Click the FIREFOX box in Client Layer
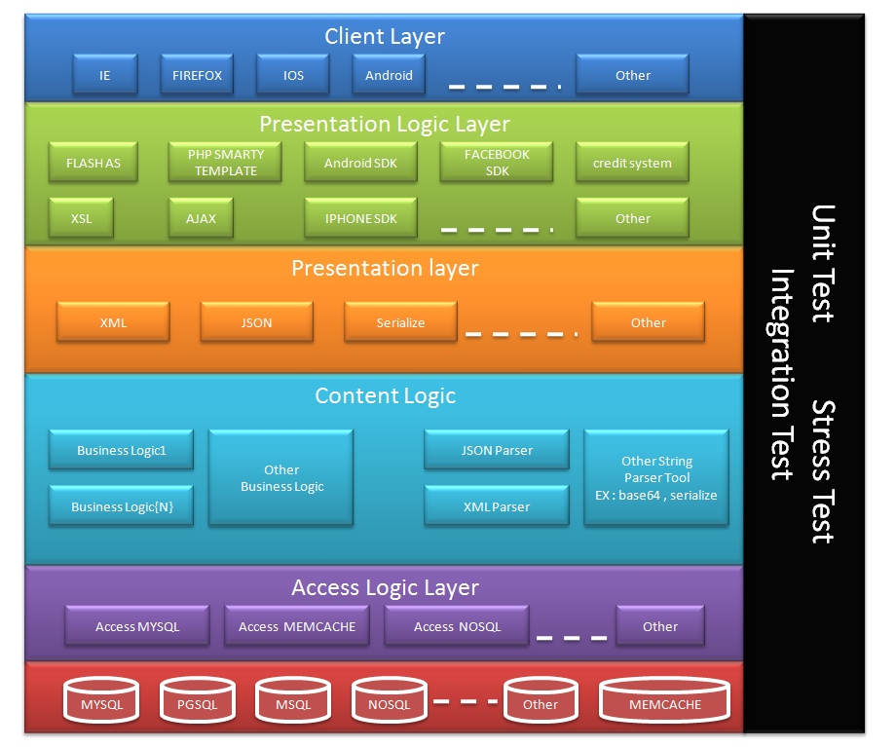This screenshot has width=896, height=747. click(x=198, y=75)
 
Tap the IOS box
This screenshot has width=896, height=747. click(x=293, y=75)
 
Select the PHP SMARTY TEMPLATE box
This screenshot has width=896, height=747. click(x=225, y=163)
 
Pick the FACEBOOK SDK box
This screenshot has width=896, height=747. click(x=497, y=163)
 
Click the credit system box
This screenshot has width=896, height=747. click(x=632, y=163)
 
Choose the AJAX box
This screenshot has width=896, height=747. click(x=201, y=218)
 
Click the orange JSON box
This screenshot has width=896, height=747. click(x=257, y=322)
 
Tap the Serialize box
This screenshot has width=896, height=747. click(x=400, y=322)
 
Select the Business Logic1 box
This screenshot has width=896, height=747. click(x=122, y=450)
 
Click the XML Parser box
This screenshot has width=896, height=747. click(x=497, y=506)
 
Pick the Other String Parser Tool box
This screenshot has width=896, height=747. click(x=655, y=478)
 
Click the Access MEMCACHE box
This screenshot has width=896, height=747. click(x=297, y=626)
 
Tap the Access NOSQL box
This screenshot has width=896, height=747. click(x=457, y=626)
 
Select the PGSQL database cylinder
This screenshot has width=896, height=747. click(x=197, y=704)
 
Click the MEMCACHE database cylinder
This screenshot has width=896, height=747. click(x=664, y=704)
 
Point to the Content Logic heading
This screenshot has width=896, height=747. click(x=385, y=396)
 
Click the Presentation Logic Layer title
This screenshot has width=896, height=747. click(x=385, y=125)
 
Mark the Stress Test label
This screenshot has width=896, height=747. click(x=824, y=471)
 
